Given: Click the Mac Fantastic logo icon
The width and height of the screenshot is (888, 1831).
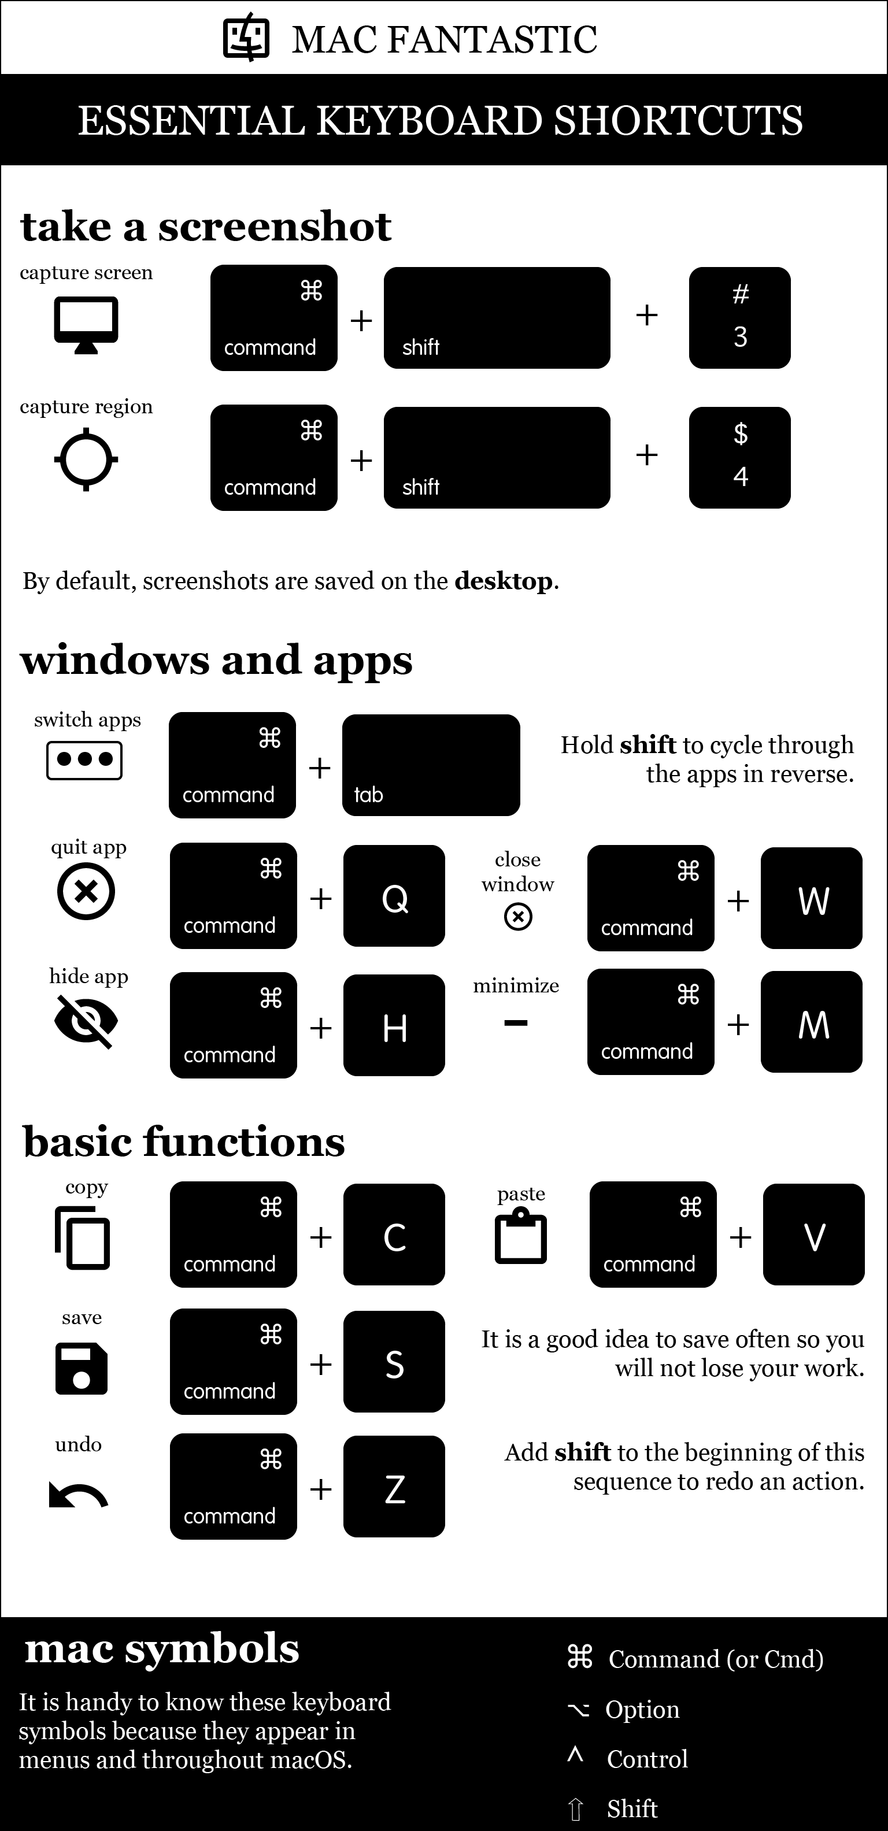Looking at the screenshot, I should tap(247, 38).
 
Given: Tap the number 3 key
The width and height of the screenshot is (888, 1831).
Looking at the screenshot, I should tap(739, 318).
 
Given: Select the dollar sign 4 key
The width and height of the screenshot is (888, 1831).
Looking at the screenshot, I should tap(739, 457).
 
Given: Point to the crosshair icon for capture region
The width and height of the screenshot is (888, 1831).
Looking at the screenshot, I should tap(86, 459).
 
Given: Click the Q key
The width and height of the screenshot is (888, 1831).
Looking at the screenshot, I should tap(394, 896).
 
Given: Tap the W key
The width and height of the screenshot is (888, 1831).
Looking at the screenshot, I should tap(811, 898).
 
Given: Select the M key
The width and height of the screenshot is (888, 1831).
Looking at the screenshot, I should tap(811, 1021).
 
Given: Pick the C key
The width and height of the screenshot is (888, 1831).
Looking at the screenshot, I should tap(394, 1234).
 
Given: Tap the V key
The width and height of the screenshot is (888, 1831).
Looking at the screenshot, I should tap(813, 1234).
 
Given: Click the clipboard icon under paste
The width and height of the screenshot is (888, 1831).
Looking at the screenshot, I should tap(520, 1237).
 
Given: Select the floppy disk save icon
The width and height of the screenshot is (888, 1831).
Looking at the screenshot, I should tap(81, 1368).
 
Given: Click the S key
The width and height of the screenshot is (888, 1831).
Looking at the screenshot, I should tap(394, 1361).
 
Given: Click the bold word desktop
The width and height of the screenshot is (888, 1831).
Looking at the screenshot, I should tap(504, 581).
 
